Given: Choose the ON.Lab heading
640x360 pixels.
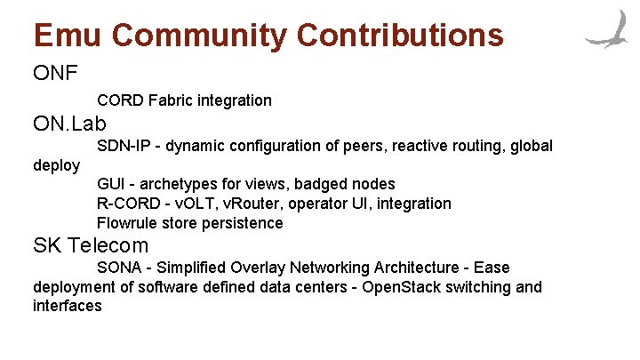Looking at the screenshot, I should (x=69, y=123).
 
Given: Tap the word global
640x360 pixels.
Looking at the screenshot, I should (x=531, y=146).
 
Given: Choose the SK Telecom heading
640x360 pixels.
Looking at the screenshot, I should (x=91, y=245).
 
